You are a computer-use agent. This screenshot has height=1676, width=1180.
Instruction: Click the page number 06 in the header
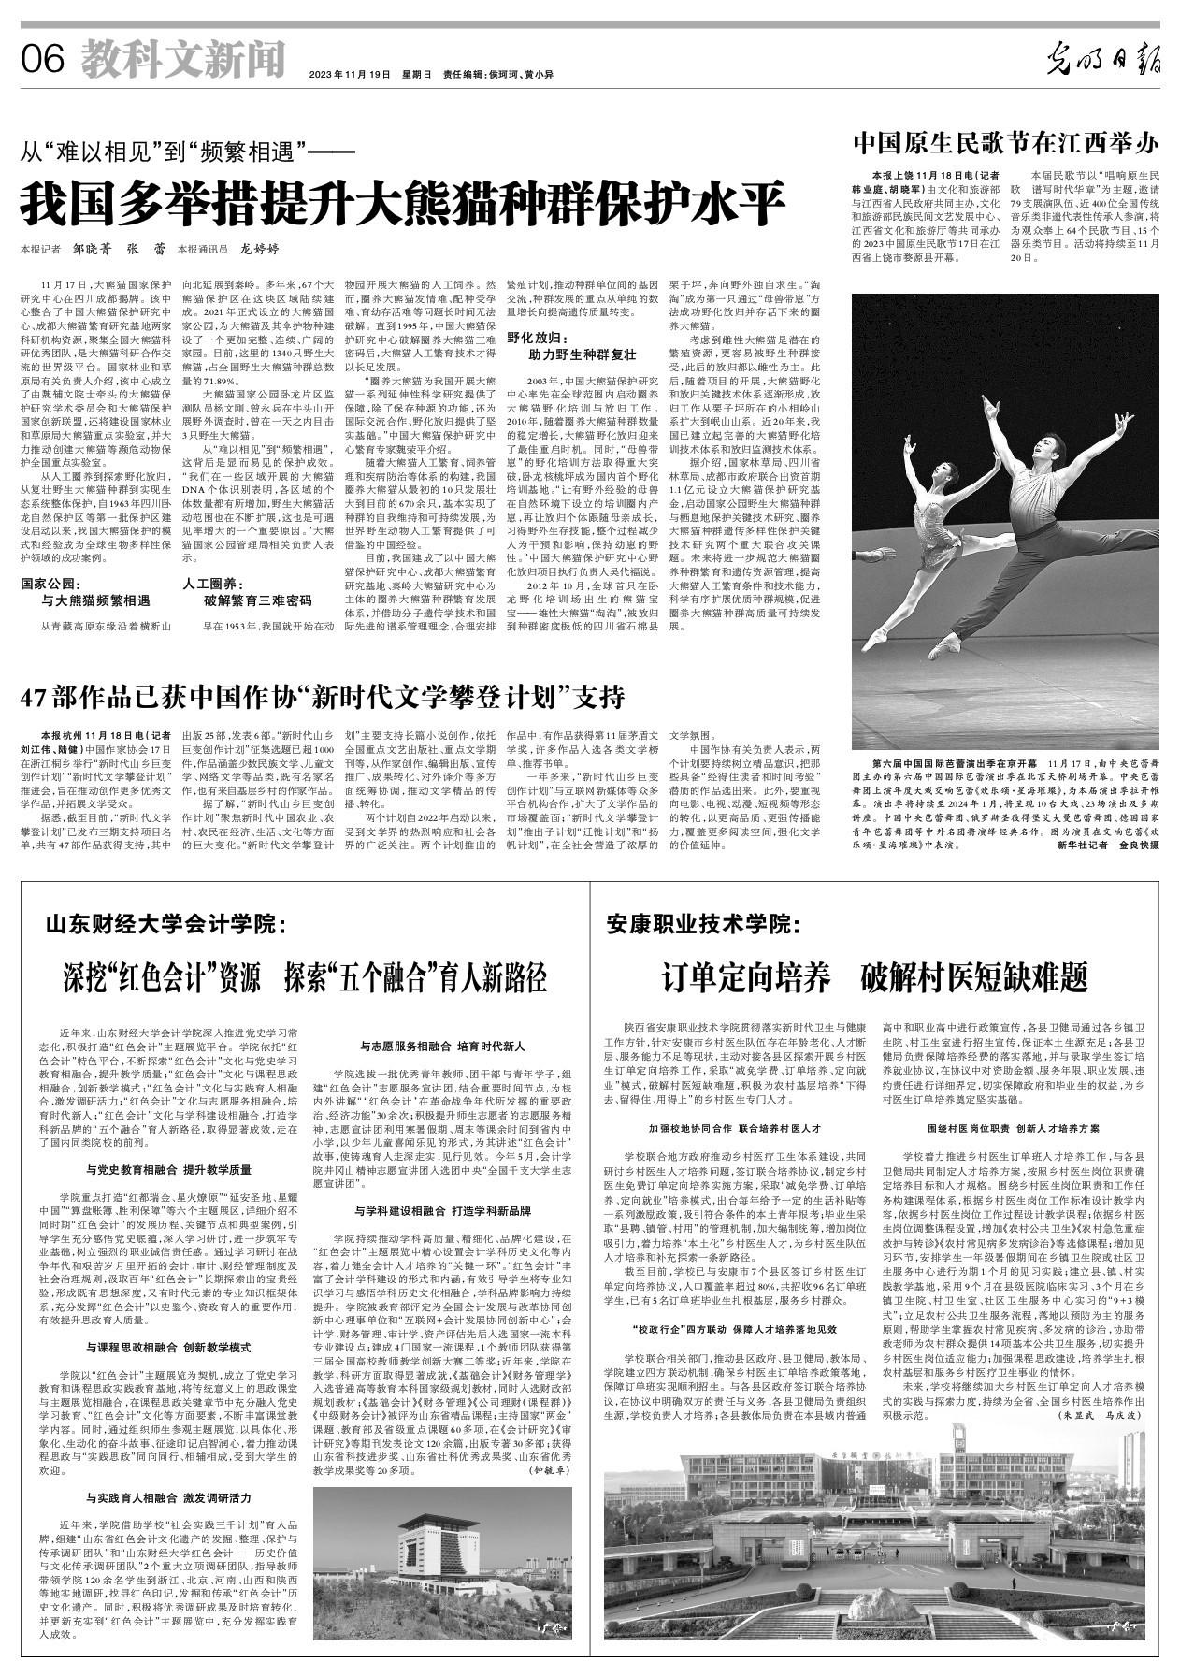(42, 62)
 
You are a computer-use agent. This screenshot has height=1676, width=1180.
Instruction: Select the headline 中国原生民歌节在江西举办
(1005, 144)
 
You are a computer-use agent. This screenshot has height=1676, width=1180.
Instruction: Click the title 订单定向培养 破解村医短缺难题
(875, 978)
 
